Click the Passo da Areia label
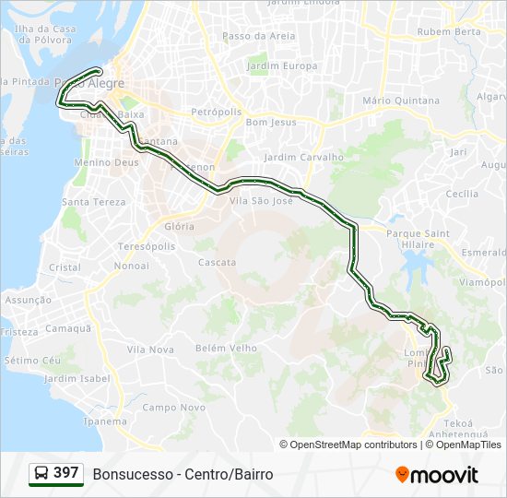tap(259, 36)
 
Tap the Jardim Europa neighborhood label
tap(282, 66)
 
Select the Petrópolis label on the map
tap(216, 112)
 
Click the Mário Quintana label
tap(401, 100)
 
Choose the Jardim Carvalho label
tap(303, 157)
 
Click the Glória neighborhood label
tap(179, 226)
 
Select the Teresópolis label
tap(147, 247)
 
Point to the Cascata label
tap(218, 262)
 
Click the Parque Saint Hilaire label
tap(418, 240)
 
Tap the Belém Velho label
tap(226, 348)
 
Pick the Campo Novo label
tap(173, 407)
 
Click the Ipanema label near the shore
tap(105, 421)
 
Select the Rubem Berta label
tap(449, 31)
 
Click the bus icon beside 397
tap(41, 473)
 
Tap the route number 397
tap(65, 473)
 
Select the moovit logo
tap(437, 474)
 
